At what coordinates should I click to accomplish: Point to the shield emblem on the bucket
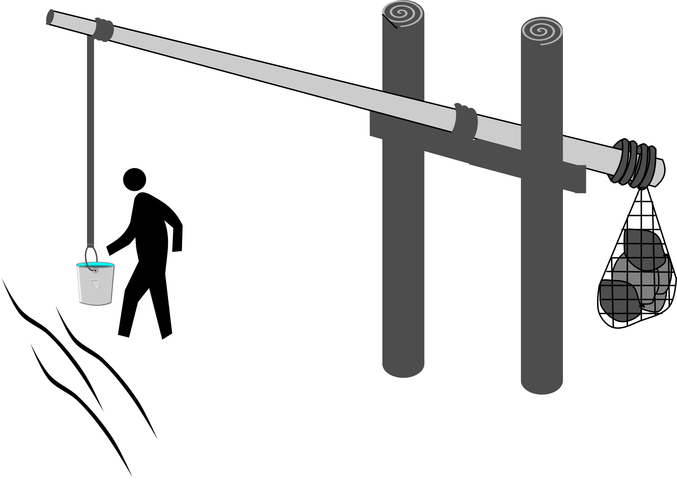96,284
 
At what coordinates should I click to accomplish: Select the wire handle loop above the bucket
91,253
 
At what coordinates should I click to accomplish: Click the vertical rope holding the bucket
91,135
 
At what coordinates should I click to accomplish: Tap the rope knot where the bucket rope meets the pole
104,29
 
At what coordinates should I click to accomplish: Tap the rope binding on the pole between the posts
466,122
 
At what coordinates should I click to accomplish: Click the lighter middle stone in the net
643,281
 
